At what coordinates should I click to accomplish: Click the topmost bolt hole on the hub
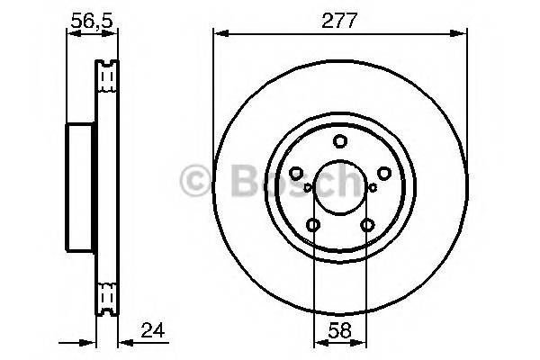339,140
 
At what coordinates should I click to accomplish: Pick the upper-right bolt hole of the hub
383,174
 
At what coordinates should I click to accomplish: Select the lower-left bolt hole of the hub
312,226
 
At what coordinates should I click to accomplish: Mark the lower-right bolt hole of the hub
366,226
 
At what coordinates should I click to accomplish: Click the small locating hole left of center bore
307,188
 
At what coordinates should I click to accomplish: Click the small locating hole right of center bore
372,188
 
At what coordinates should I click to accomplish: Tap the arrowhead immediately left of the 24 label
124,341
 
